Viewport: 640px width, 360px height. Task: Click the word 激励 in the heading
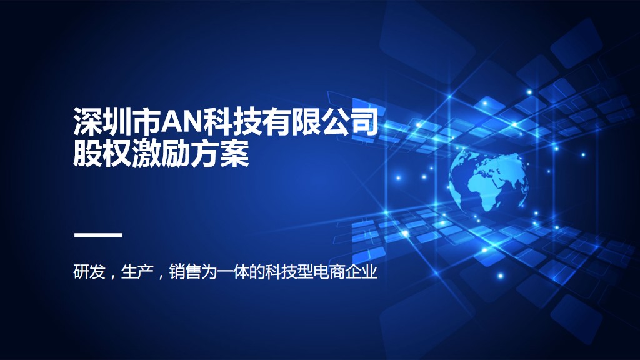(161, 154)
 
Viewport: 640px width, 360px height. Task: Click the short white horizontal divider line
(97, 235)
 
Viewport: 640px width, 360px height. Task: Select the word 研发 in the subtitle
(89, 272)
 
